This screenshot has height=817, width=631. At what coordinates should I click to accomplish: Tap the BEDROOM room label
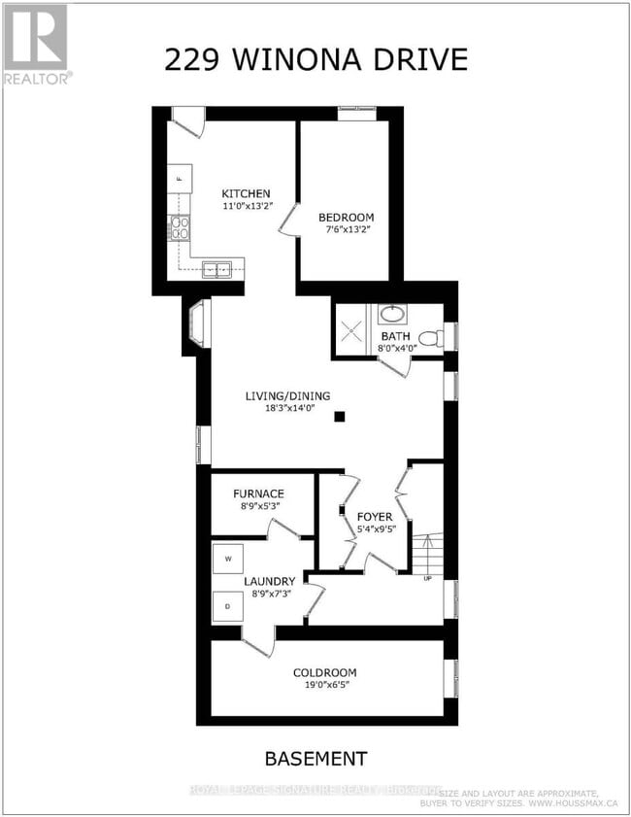346,218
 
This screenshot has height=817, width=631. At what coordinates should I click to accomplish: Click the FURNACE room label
257,494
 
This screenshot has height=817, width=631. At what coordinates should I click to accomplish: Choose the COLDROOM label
324,672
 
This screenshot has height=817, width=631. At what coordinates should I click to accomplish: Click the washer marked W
228,559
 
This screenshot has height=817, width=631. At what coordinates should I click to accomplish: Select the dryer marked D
228,606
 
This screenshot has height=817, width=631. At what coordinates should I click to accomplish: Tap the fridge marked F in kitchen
180,180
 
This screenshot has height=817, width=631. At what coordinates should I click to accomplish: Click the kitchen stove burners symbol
180,228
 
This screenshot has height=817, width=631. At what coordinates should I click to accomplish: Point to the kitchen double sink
216,269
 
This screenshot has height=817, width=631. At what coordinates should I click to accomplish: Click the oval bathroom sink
393,315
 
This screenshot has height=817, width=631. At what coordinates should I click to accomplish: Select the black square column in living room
340,417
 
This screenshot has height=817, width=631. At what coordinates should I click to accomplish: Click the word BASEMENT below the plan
316,759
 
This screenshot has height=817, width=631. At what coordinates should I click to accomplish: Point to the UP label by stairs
427,579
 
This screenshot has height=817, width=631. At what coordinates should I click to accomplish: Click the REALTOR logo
36,44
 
